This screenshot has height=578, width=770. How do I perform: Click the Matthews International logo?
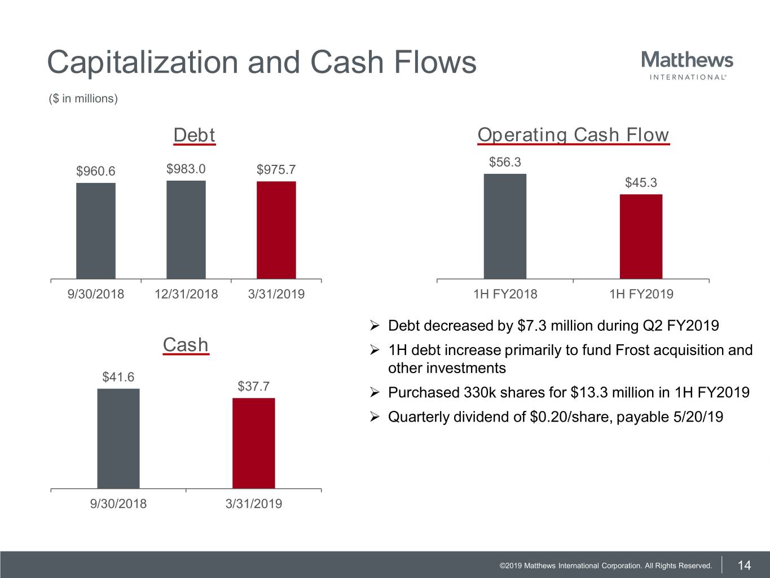coord(687,65)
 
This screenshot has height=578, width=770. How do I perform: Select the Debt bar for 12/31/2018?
coord(186,230)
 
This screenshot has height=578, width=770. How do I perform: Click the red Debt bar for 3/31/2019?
coord(276,230)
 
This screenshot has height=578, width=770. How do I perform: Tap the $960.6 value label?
coord(96,171)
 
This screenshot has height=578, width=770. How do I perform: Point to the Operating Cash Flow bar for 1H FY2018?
coord(505,226)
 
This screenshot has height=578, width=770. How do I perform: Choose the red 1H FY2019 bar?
coord(641,237)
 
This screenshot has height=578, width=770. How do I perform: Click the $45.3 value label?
coord(641,183)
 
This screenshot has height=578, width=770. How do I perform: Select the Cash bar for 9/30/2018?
coord(118,439)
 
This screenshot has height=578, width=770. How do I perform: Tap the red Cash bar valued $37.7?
coord(254,443)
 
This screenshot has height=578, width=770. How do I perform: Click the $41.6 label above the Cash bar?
coord(118,377)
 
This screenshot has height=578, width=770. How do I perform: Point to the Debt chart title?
coord(194,135)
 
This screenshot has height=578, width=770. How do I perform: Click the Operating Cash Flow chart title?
coord(573,135)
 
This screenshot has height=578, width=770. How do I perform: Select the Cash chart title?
coord(186,345)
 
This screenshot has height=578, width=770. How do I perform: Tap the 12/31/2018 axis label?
coord(186,294)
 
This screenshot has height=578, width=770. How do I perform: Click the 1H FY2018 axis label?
coord(505,294)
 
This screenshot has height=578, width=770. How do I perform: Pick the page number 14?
coord(745,566)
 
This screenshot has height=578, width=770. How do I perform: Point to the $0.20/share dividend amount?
coord(571,417)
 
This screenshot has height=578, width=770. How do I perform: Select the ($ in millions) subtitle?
coord(83,99)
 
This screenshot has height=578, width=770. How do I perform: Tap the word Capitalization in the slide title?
coord(143,62)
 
